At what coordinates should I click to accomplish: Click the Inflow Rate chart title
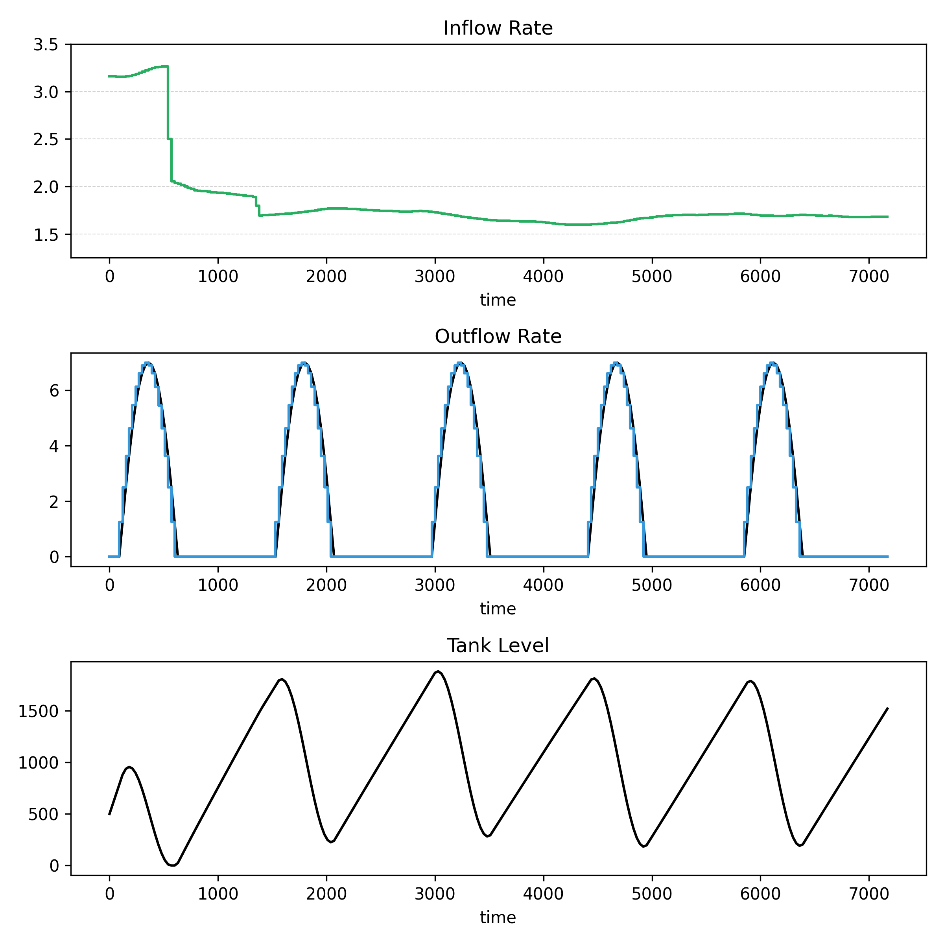tap(498, 28)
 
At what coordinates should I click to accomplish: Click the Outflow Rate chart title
tap(498, 337)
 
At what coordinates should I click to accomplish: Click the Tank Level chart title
tap(498, 646)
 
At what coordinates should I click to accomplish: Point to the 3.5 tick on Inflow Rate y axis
tap(46, 45)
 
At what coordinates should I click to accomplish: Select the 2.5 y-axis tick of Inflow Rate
tap(46, 140)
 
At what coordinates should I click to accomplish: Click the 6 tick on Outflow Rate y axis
tap(54, 391)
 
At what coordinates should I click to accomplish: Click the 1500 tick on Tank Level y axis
tap(38, 712)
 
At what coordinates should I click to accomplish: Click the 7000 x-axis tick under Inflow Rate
tap(869, 277)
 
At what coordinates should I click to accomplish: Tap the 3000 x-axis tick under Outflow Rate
tap(434, 585)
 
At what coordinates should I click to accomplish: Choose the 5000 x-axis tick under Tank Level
tap(651, 894)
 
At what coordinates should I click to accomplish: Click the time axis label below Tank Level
tap(498, 918)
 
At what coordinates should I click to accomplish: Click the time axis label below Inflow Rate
tap(498, 300)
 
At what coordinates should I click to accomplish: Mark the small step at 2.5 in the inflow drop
tap(170, 139)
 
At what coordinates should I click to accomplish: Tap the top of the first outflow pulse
tap(147, 363)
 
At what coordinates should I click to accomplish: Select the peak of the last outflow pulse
tap(772, 363)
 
